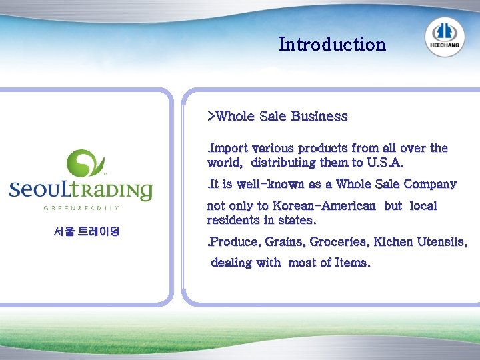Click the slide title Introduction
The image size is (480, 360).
332,45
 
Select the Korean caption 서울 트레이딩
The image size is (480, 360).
86,233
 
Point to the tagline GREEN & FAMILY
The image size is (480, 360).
81,208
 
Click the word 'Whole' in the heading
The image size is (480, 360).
236,116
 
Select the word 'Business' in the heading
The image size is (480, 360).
319,116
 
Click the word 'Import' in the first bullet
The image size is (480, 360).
229,148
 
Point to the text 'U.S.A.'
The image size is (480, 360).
385,163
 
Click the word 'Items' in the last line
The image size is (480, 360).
353,263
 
